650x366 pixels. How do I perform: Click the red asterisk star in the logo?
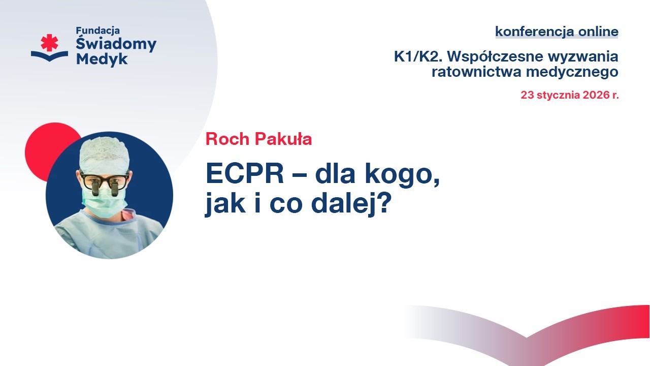49,42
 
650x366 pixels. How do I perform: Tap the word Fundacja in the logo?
98,30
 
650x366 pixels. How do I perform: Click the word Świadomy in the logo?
116,44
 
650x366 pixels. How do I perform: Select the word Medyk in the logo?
102,59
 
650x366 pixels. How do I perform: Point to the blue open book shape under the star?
49,56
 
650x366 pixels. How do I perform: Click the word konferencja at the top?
535,32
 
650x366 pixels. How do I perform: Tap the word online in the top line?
598,31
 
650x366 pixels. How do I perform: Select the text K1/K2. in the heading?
418,56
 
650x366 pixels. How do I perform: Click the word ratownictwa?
476,72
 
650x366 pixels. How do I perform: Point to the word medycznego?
572,72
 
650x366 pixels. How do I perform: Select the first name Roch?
227,139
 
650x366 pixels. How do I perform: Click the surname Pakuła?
283,139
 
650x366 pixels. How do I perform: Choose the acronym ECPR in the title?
245,173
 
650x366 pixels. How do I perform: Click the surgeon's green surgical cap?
105,156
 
